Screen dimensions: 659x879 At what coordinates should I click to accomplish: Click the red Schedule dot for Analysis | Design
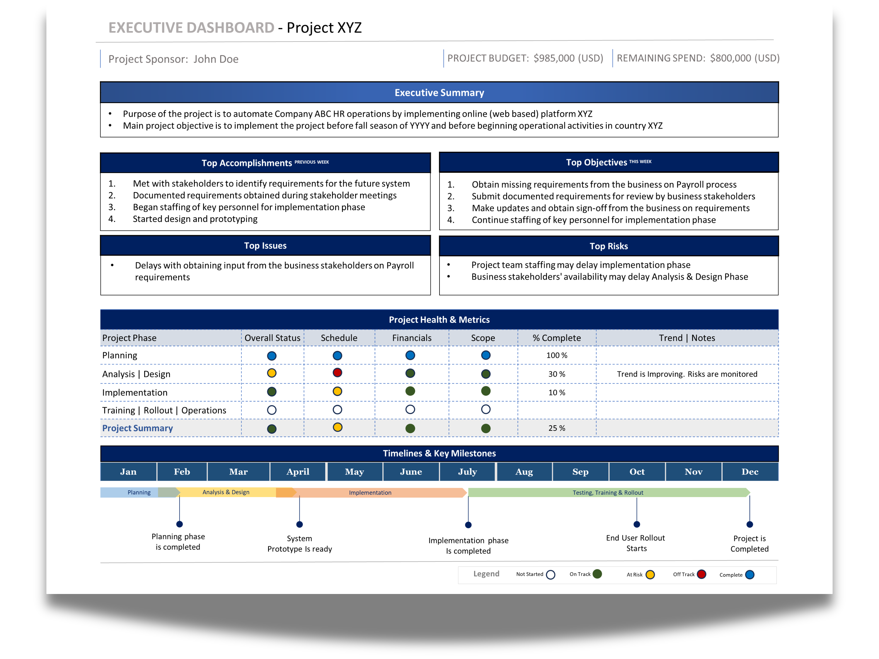click(337, 373)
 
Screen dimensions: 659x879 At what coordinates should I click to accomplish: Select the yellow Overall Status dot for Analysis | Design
click(272, 373)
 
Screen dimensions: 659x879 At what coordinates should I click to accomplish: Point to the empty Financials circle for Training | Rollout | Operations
click(410, 409)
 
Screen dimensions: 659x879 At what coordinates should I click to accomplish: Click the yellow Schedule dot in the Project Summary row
click(337, 427)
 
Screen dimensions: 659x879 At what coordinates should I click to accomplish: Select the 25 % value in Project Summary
click(556, 428)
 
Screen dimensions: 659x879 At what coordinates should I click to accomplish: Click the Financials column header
click(412, 338)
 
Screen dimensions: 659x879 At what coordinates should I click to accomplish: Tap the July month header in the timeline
click(467, 472)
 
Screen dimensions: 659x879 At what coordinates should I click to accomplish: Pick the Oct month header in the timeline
click(637, 472)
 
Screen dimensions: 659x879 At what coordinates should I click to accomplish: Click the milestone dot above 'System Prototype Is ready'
click(300, 524)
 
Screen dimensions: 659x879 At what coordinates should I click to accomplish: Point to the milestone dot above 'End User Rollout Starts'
click(637, 524)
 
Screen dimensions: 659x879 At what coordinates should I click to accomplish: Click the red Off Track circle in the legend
click(702, 574)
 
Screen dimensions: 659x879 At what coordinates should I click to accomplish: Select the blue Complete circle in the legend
click(750, 575)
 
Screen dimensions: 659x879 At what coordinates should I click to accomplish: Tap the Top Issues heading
click(265, 245)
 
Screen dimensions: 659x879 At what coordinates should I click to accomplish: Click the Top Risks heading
click(608, 246)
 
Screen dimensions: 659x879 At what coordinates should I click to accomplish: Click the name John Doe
click(216, 59)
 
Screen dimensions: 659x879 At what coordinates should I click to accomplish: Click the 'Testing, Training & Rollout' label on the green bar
click(608, 493)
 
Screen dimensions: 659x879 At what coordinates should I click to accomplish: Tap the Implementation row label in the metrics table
click(135, 392)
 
